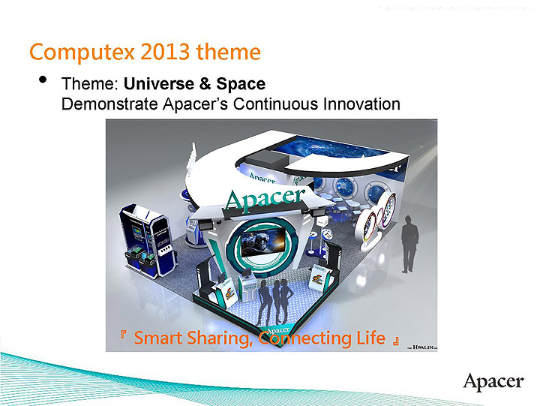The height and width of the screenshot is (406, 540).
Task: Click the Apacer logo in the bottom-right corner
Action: pyautogui.click(x=493, y=381)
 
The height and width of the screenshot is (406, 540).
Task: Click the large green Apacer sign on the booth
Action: pyautogui.click(x=265, y=198)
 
